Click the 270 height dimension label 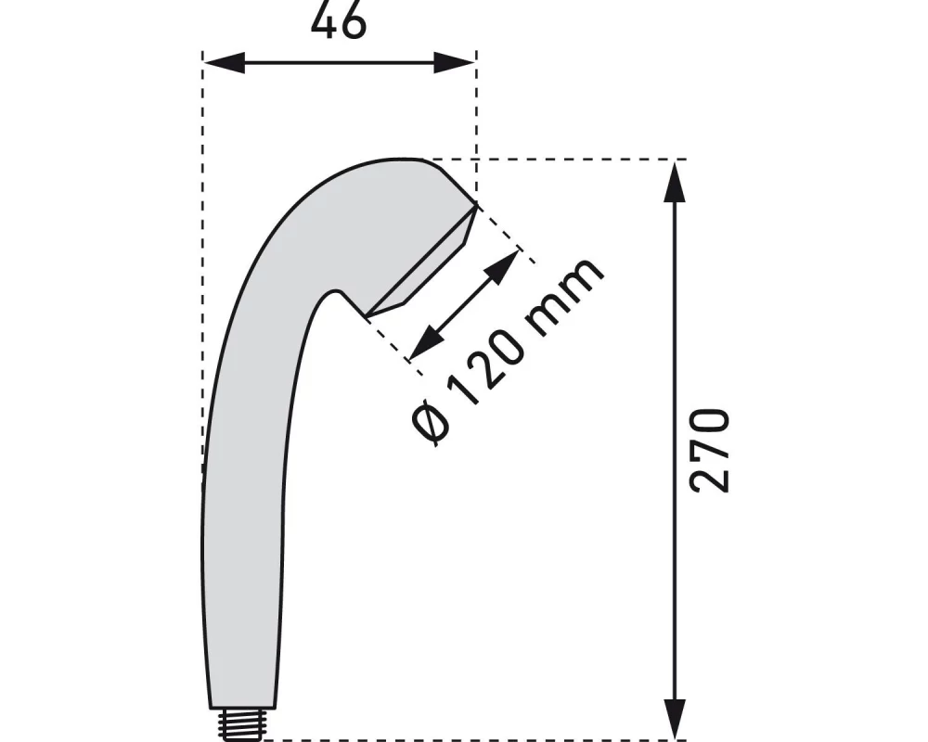pyautogui.click(x=711, y=449)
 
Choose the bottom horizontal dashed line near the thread pyautogui.click(x=464, y=740)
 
